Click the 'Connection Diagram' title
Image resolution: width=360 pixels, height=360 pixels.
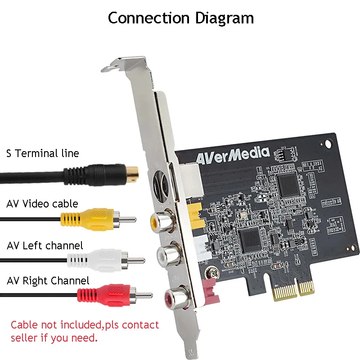(x=181, y=18)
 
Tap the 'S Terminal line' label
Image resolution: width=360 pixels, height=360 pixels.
(x=43, y=153)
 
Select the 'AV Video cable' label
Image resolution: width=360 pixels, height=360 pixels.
(x=42, y=204)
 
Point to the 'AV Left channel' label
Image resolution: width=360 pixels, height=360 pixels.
(x=45, y=246)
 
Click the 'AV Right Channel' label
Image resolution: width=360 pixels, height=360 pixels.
(x=48, y=281)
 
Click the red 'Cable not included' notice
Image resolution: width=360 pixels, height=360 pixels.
(x=85, y=331)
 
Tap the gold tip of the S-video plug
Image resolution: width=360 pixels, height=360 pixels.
(x=132, y=172)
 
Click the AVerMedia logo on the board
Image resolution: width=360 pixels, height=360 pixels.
(x=232, y=155)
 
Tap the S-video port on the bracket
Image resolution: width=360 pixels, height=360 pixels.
(x=161, y=185)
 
